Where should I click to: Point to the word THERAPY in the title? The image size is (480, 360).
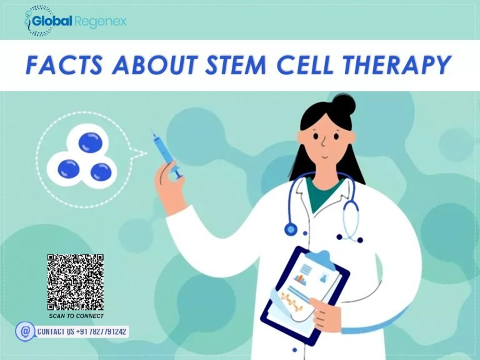click(405, 65)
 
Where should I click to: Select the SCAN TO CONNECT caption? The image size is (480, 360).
click(76, 316)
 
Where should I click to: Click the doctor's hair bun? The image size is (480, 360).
click(342, 105)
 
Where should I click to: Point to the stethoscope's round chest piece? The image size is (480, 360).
click(290, 229)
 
